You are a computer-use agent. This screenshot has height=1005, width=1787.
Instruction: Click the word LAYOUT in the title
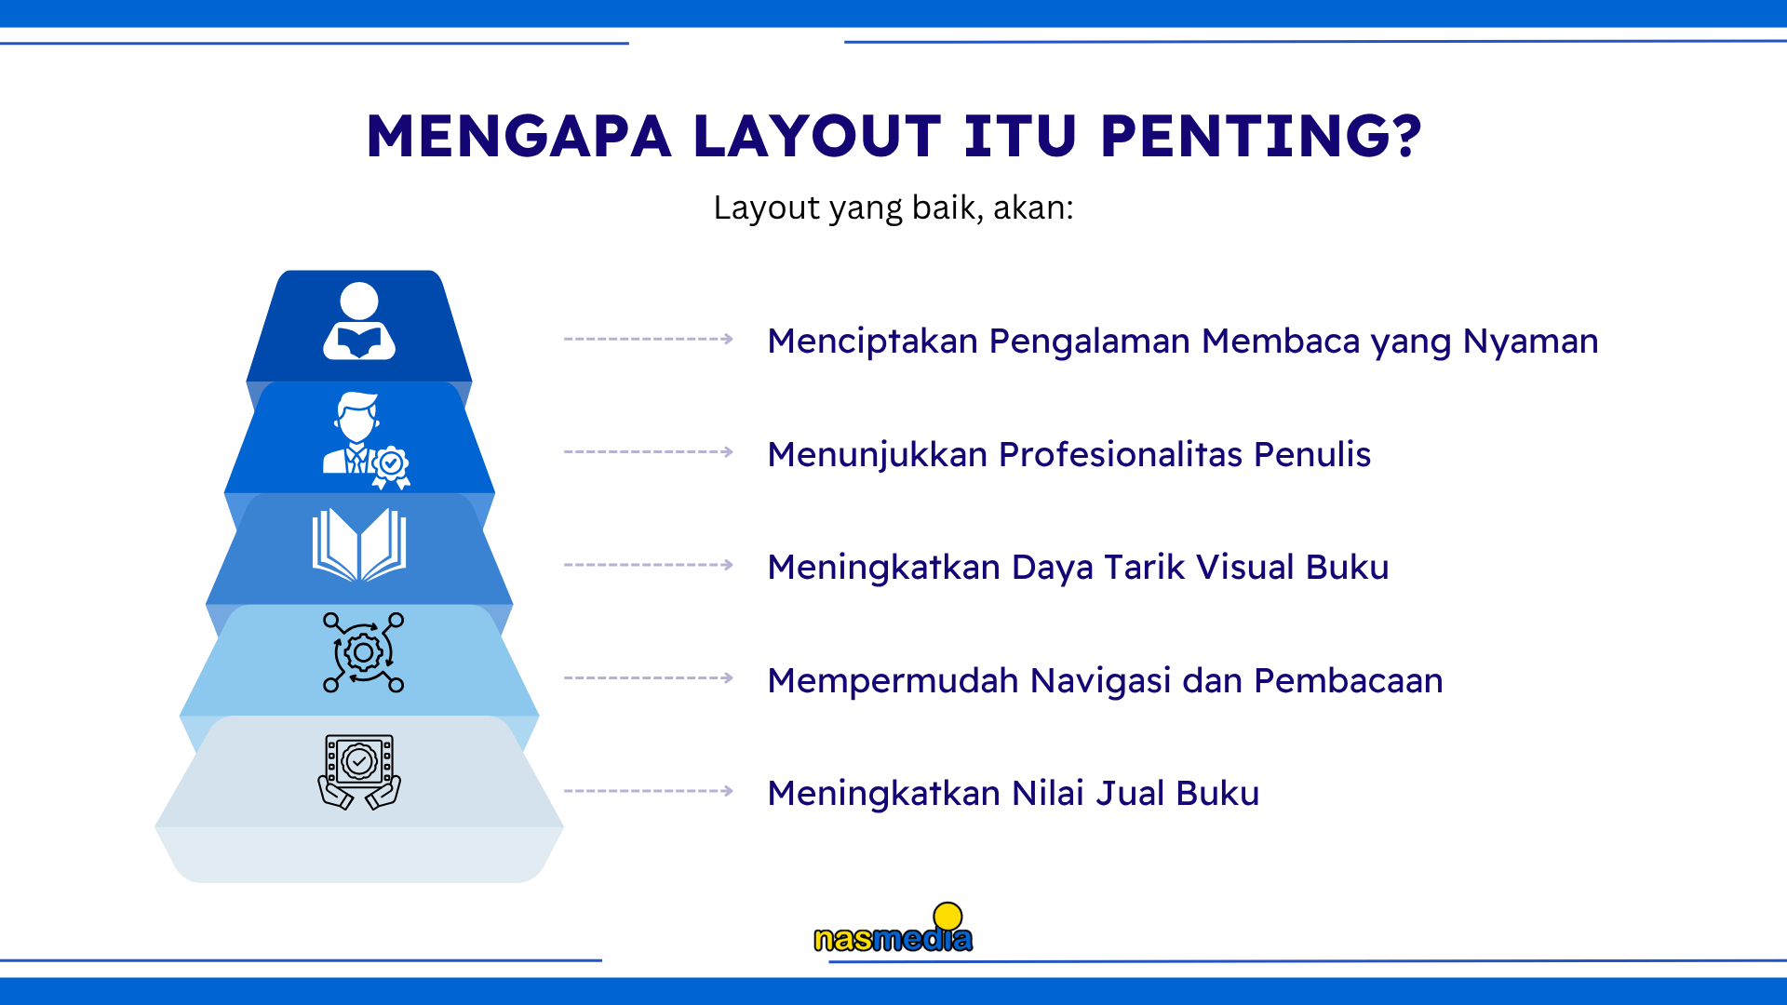tap(817, 136)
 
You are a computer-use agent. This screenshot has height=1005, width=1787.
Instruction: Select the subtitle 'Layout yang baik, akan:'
tap(893, 208)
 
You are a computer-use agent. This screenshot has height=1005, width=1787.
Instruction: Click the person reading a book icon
tap(359, 321)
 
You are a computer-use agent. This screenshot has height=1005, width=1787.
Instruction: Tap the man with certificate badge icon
tap(365, 440)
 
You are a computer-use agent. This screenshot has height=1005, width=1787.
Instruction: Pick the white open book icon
tap(359, 545)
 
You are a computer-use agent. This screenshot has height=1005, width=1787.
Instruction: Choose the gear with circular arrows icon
tap(363, 652)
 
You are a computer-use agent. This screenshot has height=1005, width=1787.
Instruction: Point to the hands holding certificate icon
tap(359, 771)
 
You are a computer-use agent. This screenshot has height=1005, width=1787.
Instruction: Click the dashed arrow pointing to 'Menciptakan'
tap(649, 340)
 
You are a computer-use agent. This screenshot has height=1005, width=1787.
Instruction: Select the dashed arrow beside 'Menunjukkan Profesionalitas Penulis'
tap(649, 452)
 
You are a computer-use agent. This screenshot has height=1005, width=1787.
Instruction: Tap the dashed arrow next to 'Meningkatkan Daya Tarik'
tap(649, 565)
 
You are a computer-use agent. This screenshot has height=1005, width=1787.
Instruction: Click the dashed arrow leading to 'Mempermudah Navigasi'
tap(649, 678)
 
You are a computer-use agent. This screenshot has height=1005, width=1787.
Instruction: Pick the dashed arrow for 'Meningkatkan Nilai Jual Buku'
tap(649, 791)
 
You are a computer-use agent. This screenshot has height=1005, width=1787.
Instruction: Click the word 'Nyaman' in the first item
tap(1530, 342)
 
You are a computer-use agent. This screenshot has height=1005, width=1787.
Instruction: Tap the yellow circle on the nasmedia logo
tap(947, 916)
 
